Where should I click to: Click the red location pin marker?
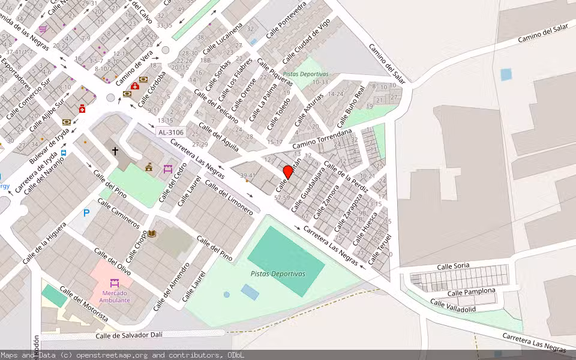tap(288, 172)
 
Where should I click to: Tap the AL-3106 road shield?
tap(170, 132)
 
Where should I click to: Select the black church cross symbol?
tap(115, 151)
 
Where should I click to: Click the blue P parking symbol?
tap(86, 213)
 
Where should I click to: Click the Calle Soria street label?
tap(453, 266)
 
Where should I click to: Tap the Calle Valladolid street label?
tap(453, 306)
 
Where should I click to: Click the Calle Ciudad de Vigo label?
tap(306, 41)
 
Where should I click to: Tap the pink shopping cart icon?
tap(43, 29)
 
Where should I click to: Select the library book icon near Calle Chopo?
tap(152, 233)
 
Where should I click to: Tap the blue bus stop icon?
tap(64, 152)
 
